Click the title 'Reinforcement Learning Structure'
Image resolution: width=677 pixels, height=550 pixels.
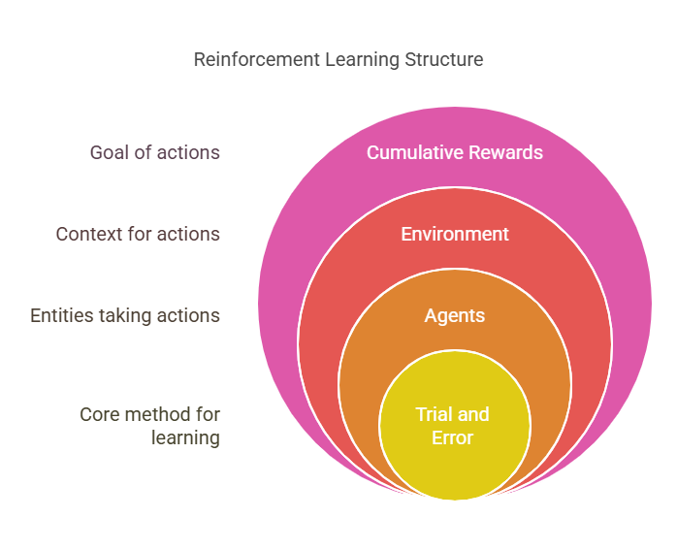click(x=338, y=59)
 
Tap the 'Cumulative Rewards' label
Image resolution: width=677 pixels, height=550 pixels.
click(x=454, y=152)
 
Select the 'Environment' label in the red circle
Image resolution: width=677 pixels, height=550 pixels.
click(x=454, y=234)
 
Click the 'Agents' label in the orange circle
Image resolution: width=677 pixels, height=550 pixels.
click(x=454, y=315)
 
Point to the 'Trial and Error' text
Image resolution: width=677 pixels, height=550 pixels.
click(x=452, y=426)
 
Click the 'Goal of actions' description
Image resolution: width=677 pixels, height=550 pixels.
click(x=154, y=152)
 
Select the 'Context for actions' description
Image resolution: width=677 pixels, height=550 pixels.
click(x=138, y=234)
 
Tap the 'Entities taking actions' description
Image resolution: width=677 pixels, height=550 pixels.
click(x=125, y=315)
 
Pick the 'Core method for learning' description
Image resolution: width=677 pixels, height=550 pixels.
click(x=150, y=426)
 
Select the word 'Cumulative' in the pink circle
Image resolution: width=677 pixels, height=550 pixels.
click(x=409, y=152)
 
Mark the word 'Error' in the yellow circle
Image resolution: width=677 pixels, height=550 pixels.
click(x=452, y=437)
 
